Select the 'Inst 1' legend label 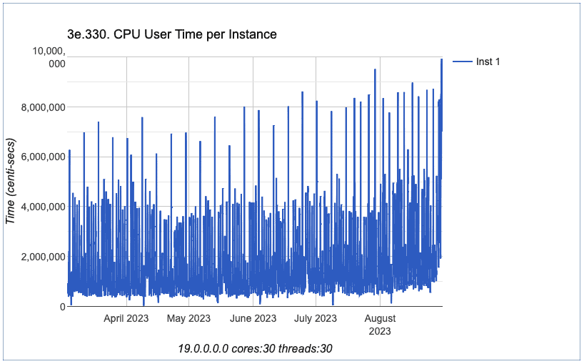pos(488,62)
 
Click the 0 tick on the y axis pos(62,307)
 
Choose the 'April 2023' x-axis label pos(126,318)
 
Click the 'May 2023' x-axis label pos(188,318)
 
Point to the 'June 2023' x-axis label pos(253,318)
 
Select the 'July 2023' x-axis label pos(315,318)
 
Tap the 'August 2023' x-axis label pos(380,324)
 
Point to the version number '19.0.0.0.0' pos(203,349)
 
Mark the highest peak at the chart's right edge pos(441,59)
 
